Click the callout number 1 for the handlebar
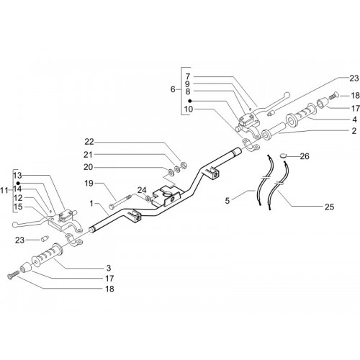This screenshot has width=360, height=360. point(91,204)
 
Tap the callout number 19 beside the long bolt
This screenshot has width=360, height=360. point(89,184)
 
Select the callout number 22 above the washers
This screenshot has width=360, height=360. point(89,142)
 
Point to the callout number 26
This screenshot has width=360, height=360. point(305,156)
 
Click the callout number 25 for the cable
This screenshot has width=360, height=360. point(329,207)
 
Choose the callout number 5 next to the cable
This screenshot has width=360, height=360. point(228,201)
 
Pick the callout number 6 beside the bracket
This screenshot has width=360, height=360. point(173,89)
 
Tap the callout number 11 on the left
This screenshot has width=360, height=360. point(4,191)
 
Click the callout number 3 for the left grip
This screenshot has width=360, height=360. point(109,268)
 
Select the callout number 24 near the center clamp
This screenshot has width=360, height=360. point(142,190)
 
